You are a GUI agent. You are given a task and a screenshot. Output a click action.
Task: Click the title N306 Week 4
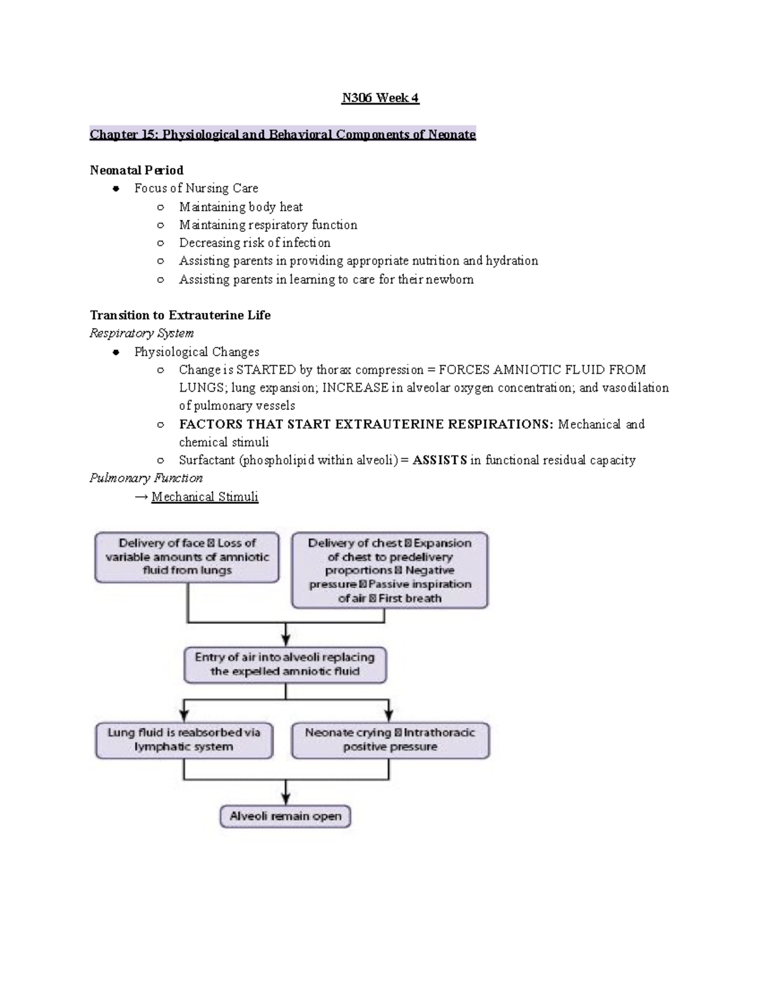[380, 98]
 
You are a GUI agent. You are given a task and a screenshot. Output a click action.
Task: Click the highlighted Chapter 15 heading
[282, 134]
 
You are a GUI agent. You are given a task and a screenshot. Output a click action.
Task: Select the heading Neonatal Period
[136, 170]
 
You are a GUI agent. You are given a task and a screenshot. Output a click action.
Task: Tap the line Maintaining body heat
[240, 207]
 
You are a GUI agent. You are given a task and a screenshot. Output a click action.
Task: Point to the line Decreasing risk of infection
[254, 243]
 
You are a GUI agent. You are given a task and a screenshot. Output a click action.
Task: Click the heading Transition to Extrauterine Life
[180, 316]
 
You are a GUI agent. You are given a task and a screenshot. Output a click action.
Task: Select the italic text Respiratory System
[141, 333]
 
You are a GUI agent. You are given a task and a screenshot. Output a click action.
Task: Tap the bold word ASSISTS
[439, 461]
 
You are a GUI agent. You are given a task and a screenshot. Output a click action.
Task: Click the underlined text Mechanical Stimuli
[205, 497]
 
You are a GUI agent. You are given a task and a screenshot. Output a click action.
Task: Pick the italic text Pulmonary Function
[146, 478]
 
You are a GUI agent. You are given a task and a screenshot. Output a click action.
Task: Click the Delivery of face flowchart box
[187, 557]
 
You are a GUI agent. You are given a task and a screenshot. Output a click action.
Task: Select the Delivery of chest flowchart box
[389, 570]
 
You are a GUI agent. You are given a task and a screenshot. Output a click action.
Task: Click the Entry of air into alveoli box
[285, 665]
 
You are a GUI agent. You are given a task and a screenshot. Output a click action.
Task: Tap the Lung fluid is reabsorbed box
[184, 740]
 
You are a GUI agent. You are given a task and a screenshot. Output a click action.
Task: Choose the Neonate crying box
[390, 740]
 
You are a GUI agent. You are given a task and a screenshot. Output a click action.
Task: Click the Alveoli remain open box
[285, 816]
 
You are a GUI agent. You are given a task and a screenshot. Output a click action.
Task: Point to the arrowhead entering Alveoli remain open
[286, 799]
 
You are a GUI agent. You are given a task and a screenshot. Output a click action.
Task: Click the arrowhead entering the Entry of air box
[286, 640]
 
